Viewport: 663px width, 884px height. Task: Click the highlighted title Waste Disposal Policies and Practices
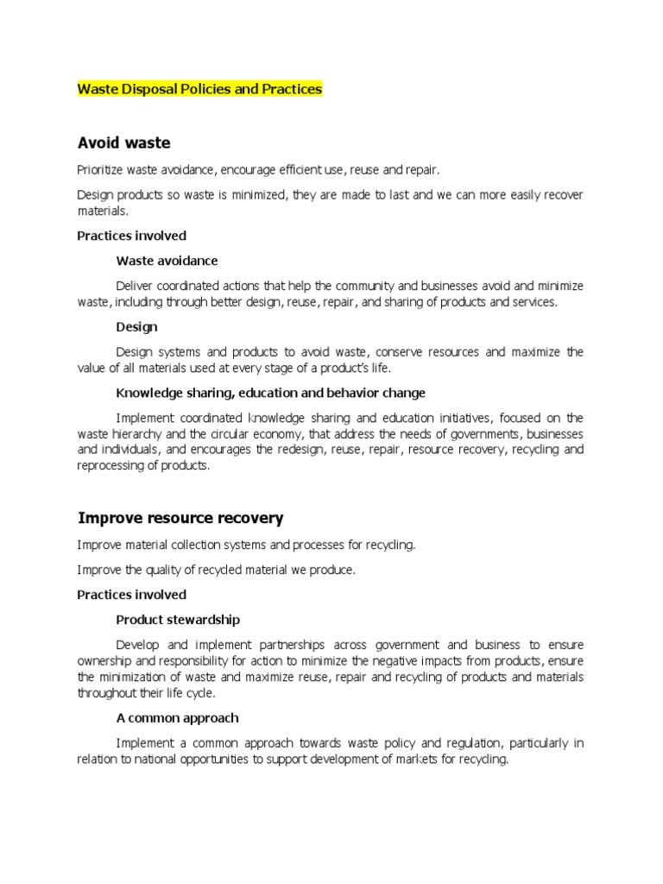199,89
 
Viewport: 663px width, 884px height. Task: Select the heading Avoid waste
123,142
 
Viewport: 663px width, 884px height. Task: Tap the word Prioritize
102,170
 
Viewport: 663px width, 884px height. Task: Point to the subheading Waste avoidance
167,260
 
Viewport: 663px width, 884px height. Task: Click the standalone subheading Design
136,327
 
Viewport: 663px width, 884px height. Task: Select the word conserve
403,352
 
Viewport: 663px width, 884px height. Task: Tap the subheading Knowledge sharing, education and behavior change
270,393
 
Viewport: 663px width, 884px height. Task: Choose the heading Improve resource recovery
180,519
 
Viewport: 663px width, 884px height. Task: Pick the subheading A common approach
177,718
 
